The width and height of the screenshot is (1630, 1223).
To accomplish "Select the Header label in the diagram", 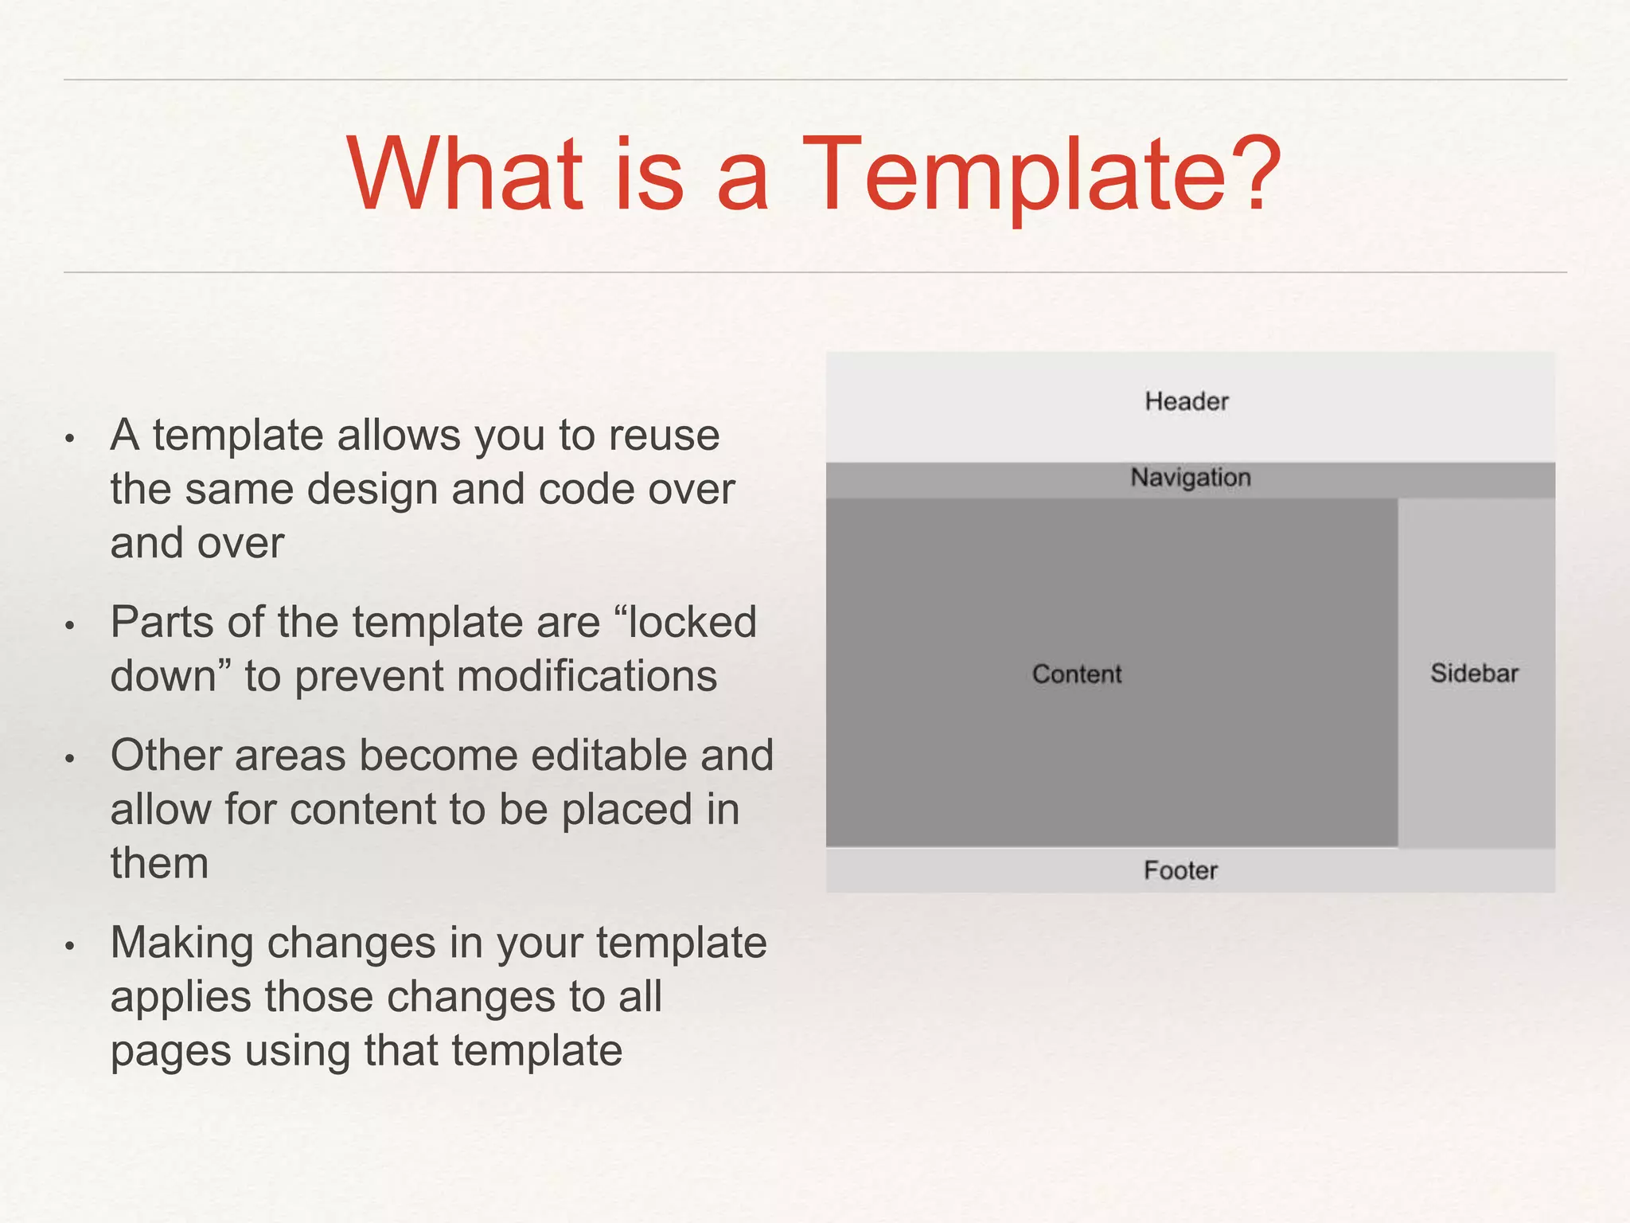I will coord(1187,401).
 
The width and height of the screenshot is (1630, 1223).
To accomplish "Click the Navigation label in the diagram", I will coord(1191,478).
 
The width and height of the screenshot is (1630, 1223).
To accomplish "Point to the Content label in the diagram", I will coord(1077,674).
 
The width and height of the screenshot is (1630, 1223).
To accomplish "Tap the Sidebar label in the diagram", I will coord(1474,674).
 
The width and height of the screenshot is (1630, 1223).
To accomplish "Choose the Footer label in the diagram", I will coord(1181,870).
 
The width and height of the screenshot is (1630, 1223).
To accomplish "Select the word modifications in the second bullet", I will coord(587,677).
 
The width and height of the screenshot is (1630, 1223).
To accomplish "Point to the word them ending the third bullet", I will coord(159,863).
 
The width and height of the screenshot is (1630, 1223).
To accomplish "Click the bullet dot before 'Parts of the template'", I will coord(70,626).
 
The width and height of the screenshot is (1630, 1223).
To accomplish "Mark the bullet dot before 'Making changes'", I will coord(70,946).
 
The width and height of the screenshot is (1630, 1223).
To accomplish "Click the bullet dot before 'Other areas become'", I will coord(70,759).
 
